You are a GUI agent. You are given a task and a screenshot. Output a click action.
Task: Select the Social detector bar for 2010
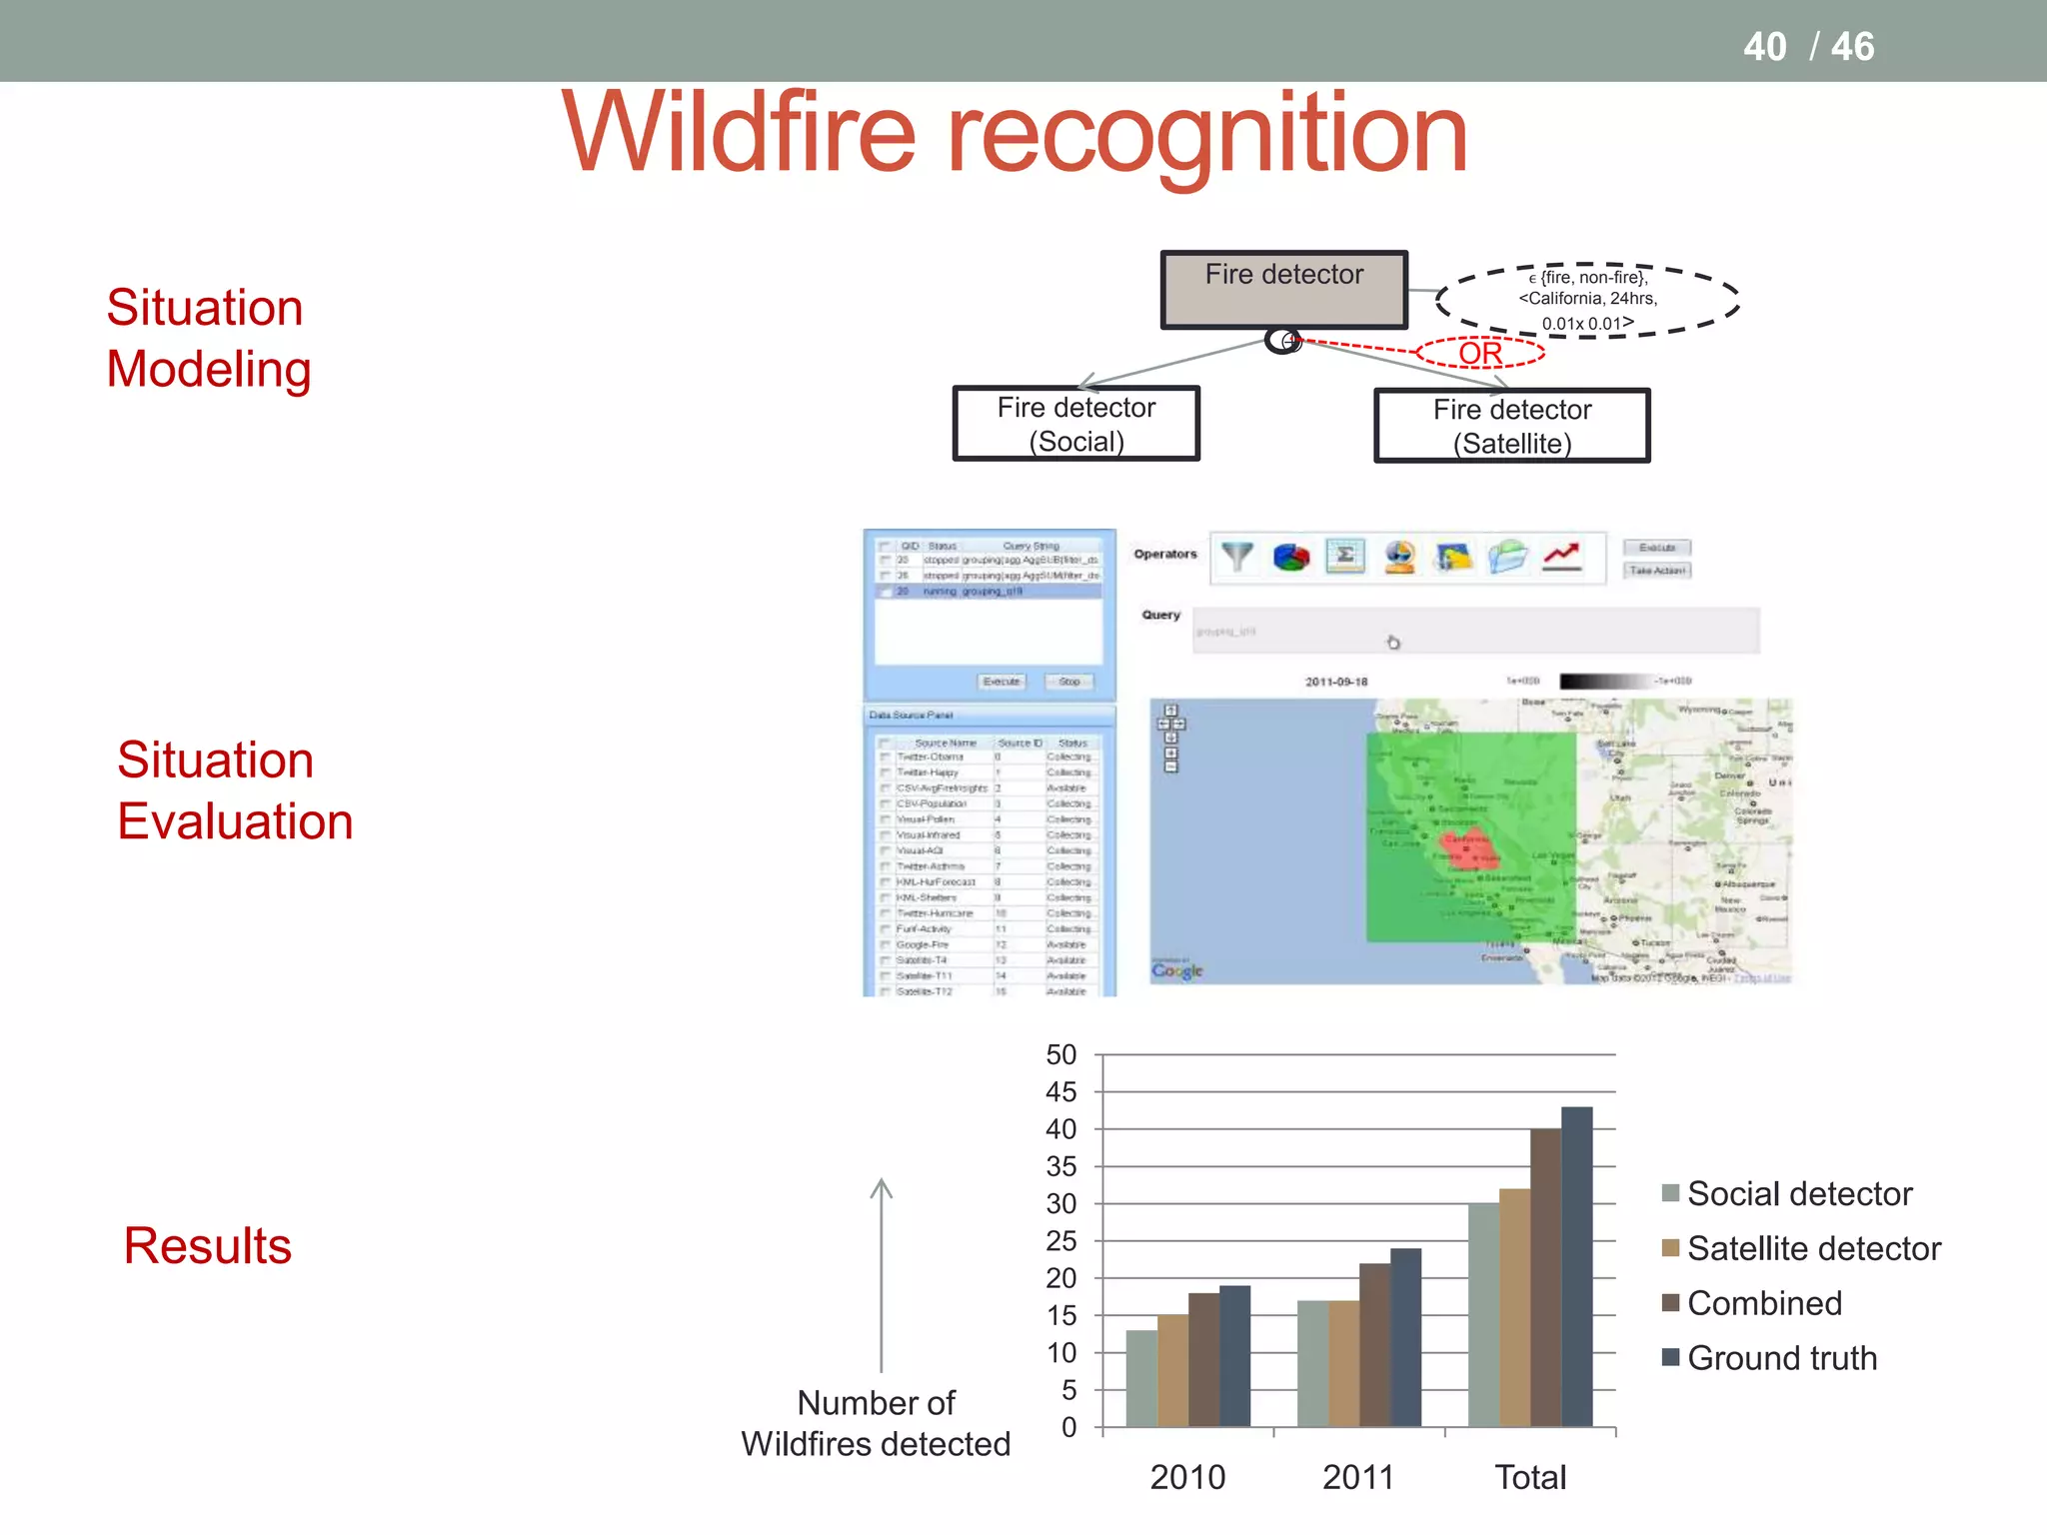(1141, 1378)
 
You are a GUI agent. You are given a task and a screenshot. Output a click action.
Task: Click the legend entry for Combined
(1763, 1303)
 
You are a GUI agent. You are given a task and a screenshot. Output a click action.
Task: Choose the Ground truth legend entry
(1781, 1358)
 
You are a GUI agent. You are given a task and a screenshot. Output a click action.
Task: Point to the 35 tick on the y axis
(1060, 1166)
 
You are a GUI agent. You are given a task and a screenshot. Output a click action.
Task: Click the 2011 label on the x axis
(1357, 1477)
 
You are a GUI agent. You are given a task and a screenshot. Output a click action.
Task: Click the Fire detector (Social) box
(1076, 424)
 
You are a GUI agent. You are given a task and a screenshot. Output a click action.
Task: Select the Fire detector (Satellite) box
(1511, 426)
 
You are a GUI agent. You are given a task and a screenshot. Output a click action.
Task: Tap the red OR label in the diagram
(1480, 353)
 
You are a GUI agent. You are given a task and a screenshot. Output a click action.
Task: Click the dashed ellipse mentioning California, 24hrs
(1587, 299)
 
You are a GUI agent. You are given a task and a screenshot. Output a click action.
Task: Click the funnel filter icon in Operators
(1237, 557)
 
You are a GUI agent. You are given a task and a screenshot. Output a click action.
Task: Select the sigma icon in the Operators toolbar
(1345, 557)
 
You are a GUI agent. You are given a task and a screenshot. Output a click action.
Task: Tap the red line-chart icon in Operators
(1561, 557)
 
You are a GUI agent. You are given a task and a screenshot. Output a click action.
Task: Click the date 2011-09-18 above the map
(1335, 682)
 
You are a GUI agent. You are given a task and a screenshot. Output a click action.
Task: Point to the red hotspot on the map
(1467, 845)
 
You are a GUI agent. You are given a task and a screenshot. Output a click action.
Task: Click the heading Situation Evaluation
(235, 790)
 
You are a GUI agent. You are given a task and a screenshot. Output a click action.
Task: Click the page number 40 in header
(1764, 47)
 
